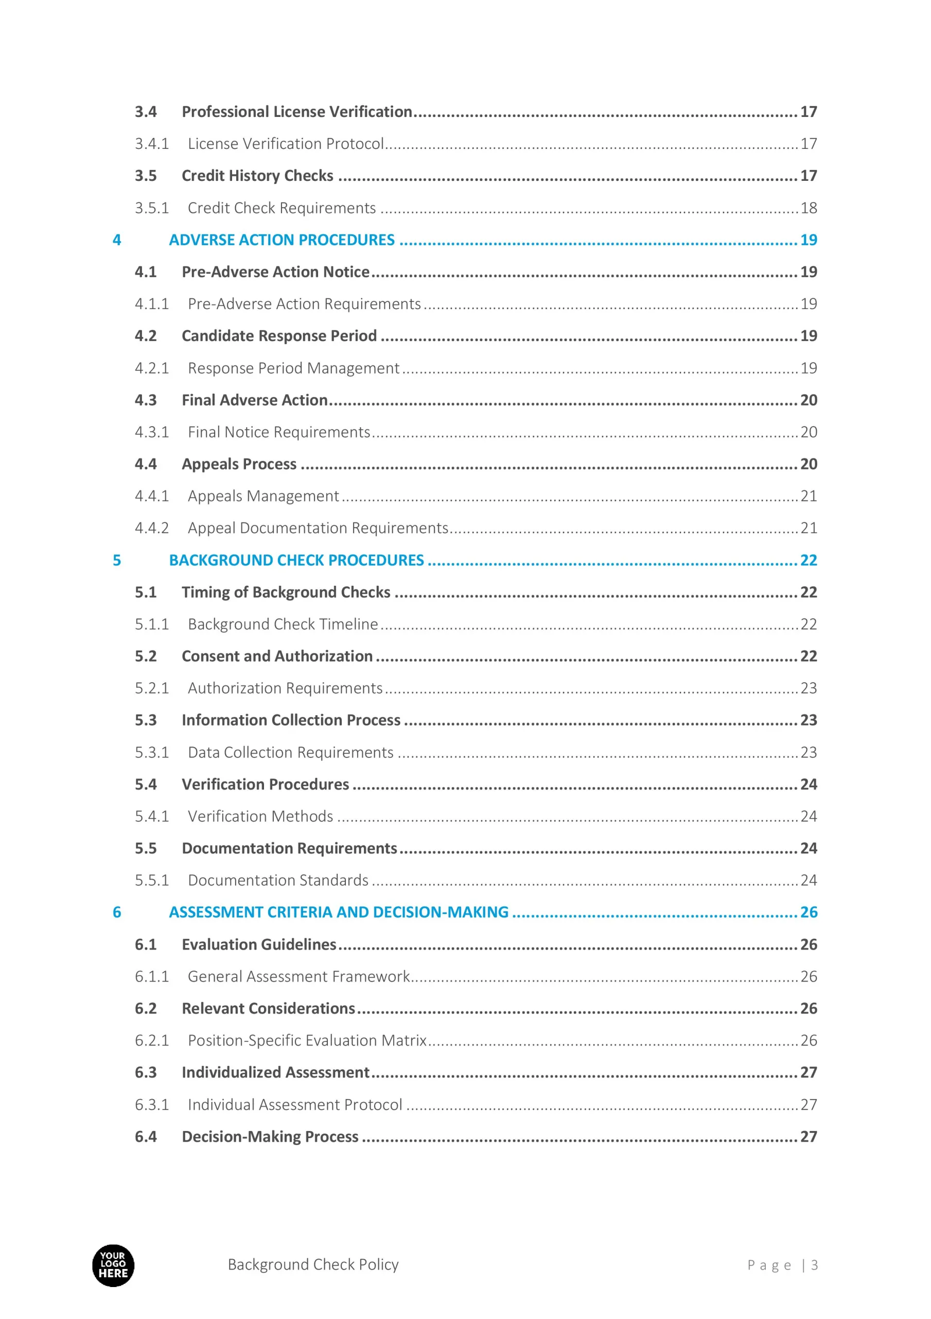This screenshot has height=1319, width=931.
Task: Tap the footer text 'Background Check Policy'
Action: pyautogui.click(x=313, y=1264)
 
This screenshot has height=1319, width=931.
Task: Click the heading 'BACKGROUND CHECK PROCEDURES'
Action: pyautogui.click(x=296, y=560)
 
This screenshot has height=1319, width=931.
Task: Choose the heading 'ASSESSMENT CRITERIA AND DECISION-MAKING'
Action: pyautogui.click(x=339, y=912)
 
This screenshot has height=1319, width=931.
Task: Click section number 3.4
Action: pyautogui.click(x=146, y=111)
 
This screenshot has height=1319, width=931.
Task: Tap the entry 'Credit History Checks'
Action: pyautogui.click(x=257, y=176)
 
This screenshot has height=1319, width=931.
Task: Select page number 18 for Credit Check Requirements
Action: pyautogui.click(x=808, y=208)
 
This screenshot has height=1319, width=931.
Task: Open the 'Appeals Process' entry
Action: pyautogui.click(x=239, y=464)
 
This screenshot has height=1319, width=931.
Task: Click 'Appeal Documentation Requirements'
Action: pyautogui.click(x=318, y=528)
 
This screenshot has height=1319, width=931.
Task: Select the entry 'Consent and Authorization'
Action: pyautogui.click(x=277, y=656)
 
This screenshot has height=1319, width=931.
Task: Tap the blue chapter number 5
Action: pyautogui.click(x=117, y=560)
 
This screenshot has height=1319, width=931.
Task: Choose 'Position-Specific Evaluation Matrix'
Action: pyautogui.click(x=307, y=1040)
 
